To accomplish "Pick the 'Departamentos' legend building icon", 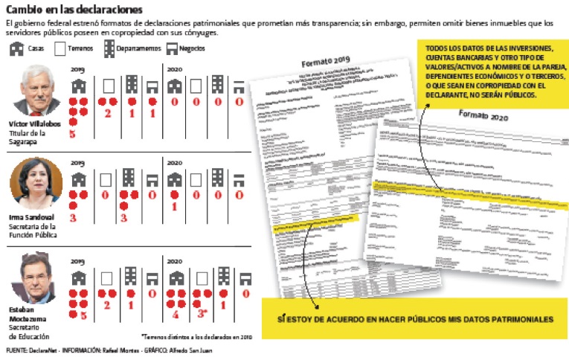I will click(109, 48).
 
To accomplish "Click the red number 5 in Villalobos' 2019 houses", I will click(73, 135).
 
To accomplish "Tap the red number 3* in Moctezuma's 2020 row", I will click(202, 312).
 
